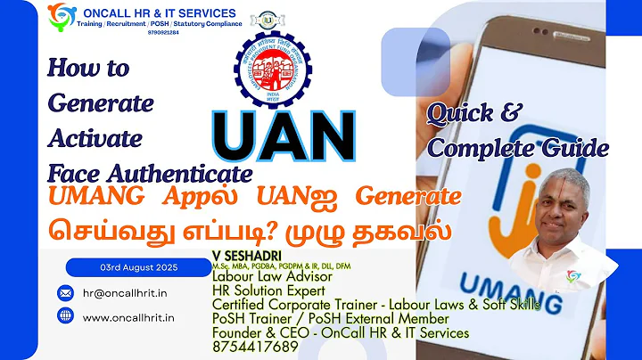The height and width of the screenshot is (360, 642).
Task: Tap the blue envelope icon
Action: tap(65, 292)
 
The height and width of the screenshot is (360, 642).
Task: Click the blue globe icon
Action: tap(65, 315)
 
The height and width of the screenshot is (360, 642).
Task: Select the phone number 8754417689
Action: tap(257, 348)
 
